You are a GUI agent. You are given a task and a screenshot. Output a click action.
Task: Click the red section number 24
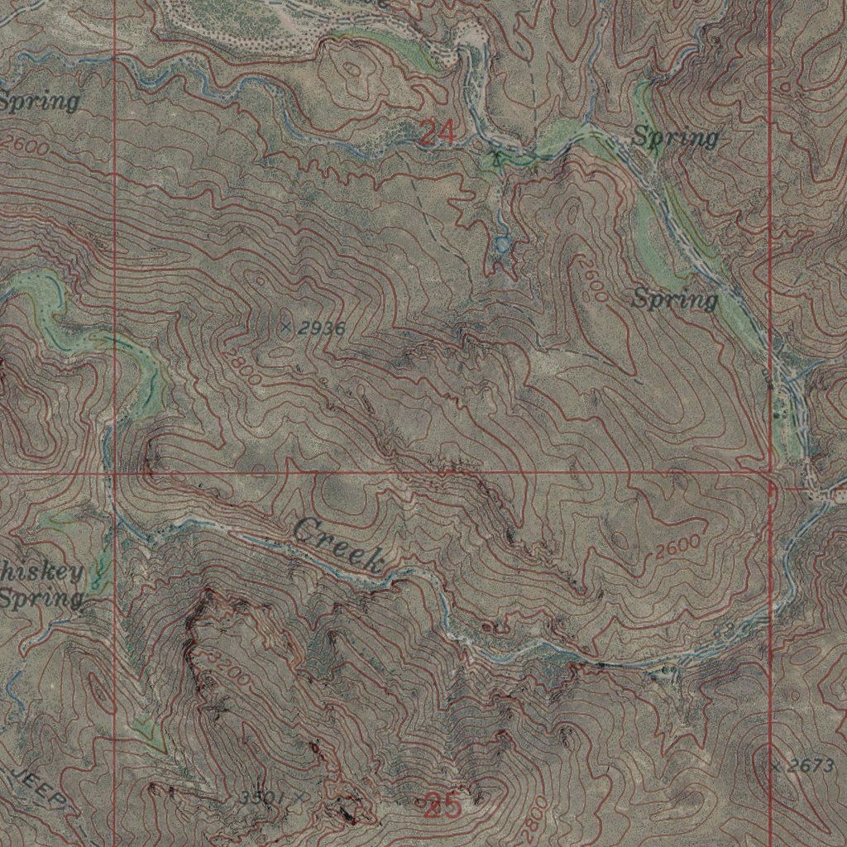pos(436,132)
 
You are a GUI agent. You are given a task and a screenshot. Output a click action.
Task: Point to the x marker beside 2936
pos(286,328)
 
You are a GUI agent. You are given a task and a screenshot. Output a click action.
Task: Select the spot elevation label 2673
pos(810,767)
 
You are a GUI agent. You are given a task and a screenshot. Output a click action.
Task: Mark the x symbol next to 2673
pos(775,766)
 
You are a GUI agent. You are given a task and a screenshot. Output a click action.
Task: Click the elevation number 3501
pos(263,797)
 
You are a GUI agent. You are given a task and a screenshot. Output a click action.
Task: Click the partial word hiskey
pos(42,573)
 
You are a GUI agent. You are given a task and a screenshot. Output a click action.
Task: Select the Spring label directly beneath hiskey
pos(41,597)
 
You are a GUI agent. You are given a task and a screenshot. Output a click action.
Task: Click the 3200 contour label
pos(227,668)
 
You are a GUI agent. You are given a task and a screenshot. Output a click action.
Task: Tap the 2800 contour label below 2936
pos(241,366)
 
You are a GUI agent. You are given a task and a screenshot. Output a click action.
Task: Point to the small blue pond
pos(502,245)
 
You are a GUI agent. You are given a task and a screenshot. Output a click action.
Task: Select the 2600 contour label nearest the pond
pos(592,278)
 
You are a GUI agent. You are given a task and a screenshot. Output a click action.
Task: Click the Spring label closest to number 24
pos(675,137)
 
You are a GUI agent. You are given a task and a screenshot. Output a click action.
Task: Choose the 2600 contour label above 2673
pos(679,547)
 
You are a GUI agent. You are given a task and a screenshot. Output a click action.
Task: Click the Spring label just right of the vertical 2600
pos(675,299)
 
